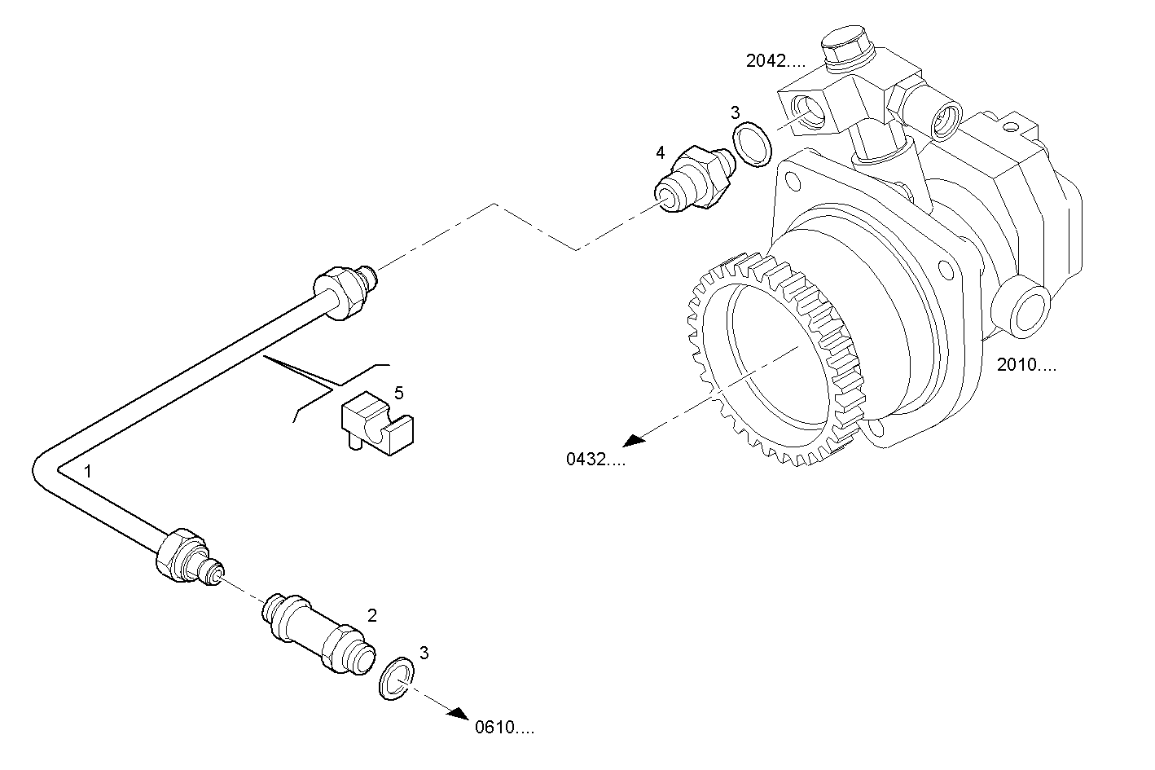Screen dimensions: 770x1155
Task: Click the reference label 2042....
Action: [x=775, y=60]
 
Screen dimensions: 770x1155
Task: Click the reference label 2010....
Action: [x=1026, y=365]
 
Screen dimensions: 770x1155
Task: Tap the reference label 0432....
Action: [x=596, y=460]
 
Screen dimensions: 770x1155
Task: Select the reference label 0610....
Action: [x=505, y=728]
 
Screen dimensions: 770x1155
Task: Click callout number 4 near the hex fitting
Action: [x=661, y=152]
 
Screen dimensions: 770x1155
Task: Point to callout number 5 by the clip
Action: [x=398, y=393]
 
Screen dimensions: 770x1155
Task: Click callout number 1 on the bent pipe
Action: [x=88, y=471]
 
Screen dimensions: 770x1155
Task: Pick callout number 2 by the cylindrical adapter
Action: [x=371, y=615]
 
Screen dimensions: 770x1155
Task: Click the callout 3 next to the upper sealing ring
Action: [x=735, y=112]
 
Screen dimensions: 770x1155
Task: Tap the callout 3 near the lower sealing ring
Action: [x=424, y=652]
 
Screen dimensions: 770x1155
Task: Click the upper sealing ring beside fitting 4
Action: [x=751, y=144]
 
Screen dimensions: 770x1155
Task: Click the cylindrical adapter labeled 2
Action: [x=318, y=632]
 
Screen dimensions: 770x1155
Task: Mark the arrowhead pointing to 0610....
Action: [x=459, y=713]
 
